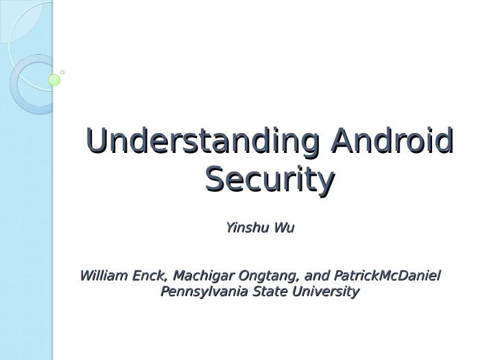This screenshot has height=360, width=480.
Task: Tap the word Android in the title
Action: [392, 141]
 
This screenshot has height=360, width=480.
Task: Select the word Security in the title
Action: [269, 180]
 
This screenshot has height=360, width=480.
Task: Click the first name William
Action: [104, 276]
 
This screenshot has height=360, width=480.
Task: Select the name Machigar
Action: [203, 276]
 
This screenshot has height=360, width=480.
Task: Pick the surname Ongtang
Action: [268, 276]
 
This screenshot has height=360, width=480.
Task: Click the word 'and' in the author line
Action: [317, 276]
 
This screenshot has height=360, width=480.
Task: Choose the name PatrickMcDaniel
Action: [387, 276]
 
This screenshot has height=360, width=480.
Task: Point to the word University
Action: [326, 291]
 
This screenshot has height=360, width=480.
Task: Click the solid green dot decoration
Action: [54, 80]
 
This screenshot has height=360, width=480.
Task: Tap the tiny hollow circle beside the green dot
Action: [62, 72]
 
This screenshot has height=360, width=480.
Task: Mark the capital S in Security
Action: [215, 180]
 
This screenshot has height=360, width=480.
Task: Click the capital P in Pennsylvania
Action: [165, 291]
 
